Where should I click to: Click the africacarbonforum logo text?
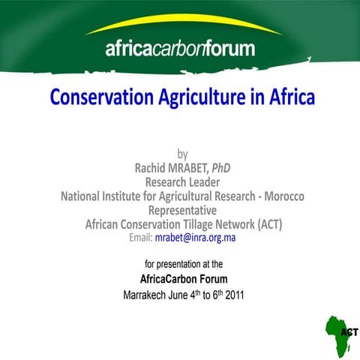point(180,50)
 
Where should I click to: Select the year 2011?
point(232,295)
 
